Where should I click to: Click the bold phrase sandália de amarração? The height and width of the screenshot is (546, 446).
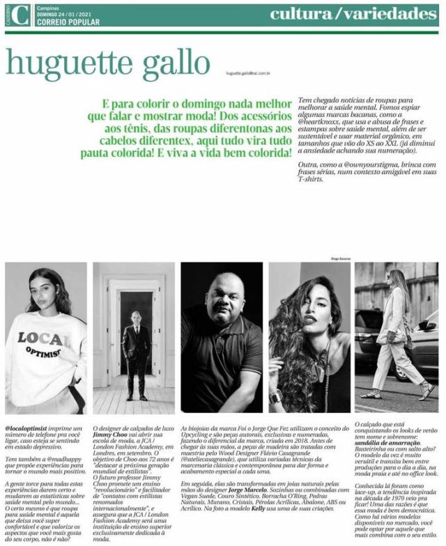point(387,443)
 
